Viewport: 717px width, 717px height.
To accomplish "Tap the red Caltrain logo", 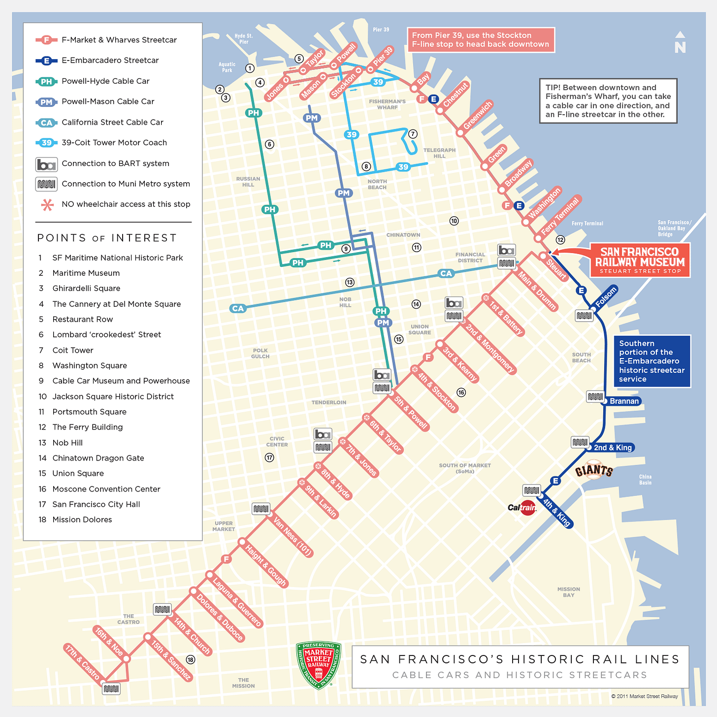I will pos(522,507).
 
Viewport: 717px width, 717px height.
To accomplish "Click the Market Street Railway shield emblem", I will pos(319,665).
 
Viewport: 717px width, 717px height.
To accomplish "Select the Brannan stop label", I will pos(624,401).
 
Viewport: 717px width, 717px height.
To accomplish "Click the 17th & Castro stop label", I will pos(82,662).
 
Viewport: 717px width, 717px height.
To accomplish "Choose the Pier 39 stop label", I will pos(383,57).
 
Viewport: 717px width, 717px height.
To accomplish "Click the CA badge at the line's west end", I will pos(238,308).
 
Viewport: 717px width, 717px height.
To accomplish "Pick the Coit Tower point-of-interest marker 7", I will pos(413,134).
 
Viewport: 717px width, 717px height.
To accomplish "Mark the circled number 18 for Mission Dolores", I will pos(191,660).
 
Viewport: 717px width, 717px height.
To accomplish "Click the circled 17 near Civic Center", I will pos(269,457).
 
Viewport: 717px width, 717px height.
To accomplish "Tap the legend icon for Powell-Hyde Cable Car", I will pos(46,81).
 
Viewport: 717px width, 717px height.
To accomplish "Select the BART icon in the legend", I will pos(46,164).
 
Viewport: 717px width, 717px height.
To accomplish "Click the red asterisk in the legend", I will pos(47,205).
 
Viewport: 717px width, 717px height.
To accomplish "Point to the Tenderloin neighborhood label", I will pos(328,402).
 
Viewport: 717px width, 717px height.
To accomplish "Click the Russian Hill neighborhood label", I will pos(248,182).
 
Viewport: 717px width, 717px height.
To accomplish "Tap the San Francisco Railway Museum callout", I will pos(640,260).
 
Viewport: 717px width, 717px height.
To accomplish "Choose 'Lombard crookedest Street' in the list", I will pos(106,334).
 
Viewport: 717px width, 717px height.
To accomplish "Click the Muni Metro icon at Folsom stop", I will pos(584,315).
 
